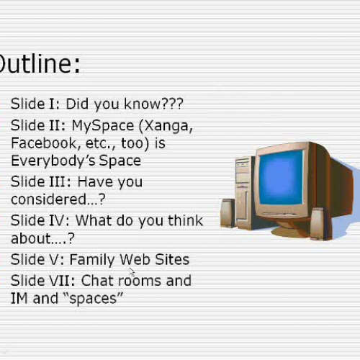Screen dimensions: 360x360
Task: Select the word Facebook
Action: tap(42, 143)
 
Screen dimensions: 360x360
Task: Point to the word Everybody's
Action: tap(50, 161)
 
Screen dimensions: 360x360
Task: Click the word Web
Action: tap(135, 259)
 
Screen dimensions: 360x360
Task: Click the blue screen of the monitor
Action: tap(280, 178)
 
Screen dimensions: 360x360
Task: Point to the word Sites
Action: tap(172, 259)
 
